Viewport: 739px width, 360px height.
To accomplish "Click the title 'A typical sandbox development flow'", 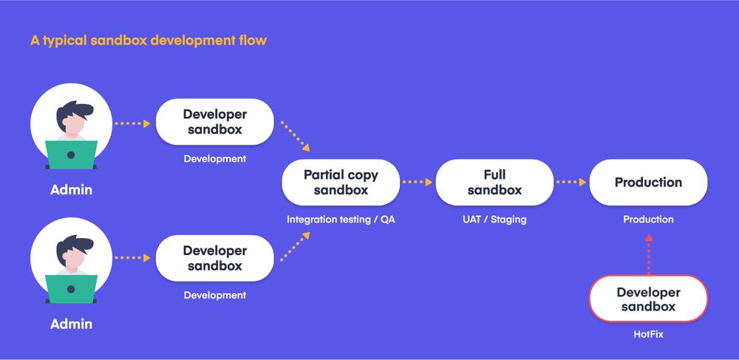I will tap(148, 40).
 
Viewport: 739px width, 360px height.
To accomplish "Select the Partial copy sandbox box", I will tap(341, 183).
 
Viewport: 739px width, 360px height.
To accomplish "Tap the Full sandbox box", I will tap(494, 183).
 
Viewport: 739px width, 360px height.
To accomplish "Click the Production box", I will tap(648, 183).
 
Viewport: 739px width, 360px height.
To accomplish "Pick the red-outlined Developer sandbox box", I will tap(648, 299).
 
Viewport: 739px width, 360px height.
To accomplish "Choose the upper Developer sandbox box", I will tap(214, 122).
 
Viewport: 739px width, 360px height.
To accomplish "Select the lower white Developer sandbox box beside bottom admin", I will tap(214, 258).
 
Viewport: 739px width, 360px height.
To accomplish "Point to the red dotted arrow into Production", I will tap(648, 255).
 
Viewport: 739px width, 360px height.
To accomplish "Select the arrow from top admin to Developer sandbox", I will tap(132, 123).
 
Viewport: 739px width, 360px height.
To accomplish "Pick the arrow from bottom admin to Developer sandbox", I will tap(132, 258).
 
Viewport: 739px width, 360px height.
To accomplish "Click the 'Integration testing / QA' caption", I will tap(340, 220).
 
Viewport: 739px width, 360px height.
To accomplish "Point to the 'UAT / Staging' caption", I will tap(494, 220).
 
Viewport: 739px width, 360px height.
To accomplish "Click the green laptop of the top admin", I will tap(71, 155).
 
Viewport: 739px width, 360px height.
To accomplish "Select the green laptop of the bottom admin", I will tap(71, 289).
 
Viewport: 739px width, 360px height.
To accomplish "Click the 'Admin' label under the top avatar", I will tap(71, 190).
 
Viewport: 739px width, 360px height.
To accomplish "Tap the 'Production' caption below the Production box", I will tap(648, 220).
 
